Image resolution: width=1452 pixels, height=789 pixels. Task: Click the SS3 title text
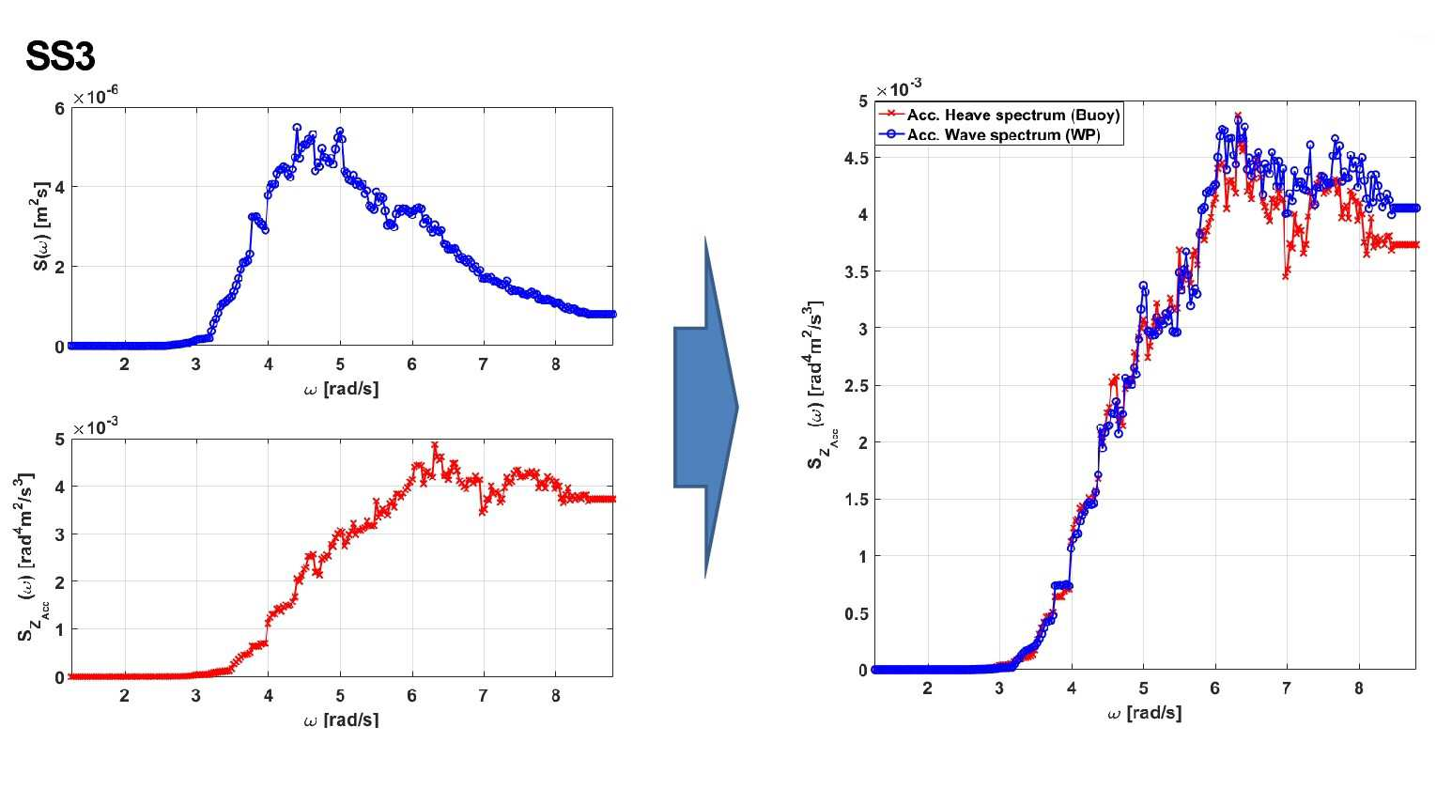(x=60, y=56)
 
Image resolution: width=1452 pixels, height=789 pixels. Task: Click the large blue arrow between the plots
(x=706, y=407)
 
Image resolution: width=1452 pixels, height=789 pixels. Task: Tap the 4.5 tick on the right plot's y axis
(x=856, y=158)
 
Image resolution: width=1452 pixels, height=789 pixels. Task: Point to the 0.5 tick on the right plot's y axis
(x=856, y=613)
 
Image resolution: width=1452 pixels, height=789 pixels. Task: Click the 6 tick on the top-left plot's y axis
(x=59, y=108)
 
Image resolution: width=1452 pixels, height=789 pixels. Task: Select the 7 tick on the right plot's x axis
(x=1287, y=688)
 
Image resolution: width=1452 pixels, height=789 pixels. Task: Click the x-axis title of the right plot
(x=1144, y=713)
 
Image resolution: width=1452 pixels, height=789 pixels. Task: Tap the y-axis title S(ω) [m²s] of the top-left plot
(x=40, y=226)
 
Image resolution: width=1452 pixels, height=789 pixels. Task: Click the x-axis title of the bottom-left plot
(x=341, y=719)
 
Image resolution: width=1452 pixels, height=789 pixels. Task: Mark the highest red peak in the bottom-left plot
(x=434, y=445)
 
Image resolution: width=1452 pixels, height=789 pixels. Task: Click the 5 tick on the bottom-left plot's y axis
(x=59, y=440)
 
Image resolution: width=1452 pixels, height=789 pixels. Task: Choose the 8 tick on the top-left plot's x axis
(x=555, y=364)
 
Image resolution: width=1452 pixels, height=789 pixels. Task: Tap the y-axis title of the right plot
(x=818, y=384)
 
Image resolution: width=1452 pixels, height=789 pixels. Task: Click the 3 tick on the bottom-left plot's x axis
(x=196, y=696)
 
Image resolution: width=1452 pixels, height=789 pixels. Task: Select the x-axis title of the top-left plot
(x=341, y=389)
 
